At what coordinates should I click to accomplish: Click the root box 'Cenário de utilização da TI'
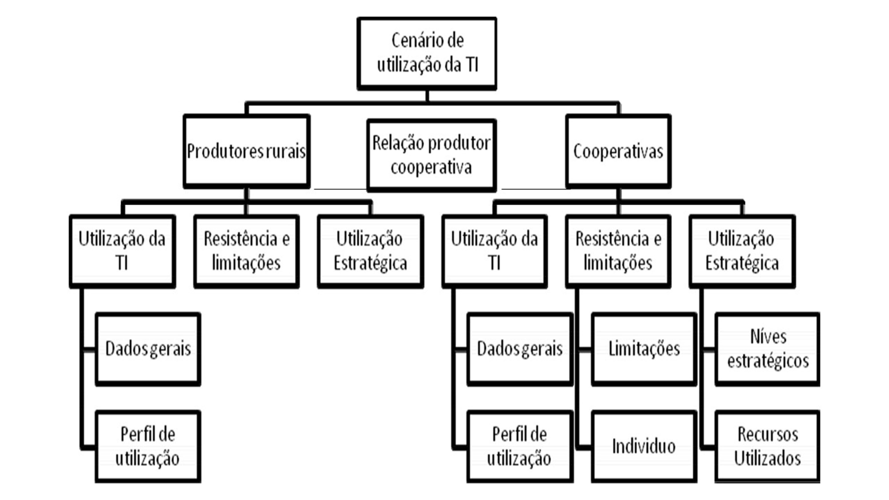tap(427, 54)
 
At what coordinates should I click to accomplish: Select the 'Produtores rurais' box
tap(246, 151)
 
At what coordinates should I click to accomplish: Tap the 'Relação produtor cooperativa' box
tap(431, 155)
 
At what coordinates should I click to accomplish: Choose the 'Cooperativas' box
tap(618, 151)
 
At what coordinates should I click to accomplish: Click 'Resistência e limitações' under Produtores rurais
tap(246, 251)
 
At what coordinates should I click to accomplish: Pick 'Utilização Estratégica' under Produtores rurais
tap(370, 251)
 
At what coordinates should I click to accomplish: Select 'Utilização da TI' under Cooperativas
tap(494, 251)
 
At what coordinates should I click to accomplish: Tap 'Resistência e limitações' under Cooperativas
tap(618, 251)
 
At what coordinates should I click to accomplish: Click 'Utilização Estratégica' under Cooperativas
tap(742, 251)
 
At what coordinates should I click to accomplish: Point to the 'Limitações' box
tap(644, 349)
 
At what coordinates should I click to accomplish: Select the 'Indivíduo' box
tap(644, 446)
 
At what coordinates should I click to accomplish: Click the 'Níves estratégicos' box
tap(768, 349)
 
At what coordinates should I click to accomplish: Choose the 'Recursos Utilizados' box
tap(768, 446)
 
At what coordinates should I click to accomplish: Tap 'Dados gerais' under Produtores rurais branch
tap(148, 349)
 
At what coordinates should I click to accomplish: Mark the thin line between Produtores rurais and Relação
tap(340, 189)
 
